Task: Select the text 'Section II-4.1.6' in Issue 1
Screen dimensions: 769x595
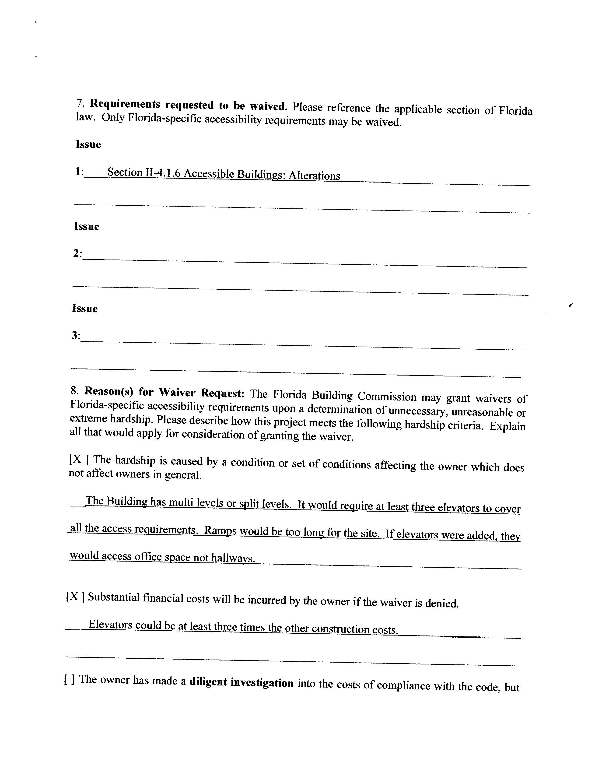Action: pyautogui.click(x=144, y=172)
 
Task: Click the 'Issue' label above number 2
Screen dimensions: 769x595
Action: pyautogui.click(x=87, y=226)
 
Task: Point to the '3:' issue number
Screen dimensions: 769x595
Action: pyautogui.click(x=76, y=336)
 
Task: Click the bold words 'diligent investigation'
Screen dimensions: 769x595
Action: pyautogui.click(x=241, y=683)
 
